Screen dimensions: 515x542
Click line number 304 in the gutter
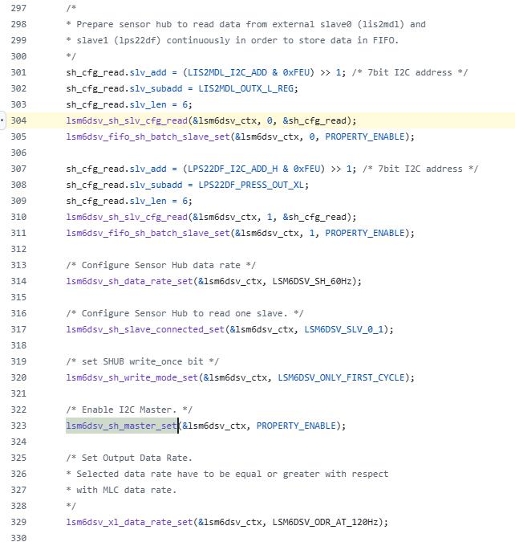point(18,120)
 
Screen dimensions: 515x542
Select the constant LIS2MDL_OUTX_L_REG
point(246,88)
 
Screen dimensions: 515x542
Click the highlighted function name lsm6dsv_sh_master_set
point(122,426)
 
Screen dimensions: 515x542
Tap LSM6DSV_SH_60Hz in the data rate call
point(312,281)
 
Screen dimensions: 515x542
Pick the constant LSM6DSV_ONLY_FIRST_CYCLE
point(341,377)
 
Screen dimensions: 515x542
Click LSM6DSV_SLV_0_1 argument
point(343,329)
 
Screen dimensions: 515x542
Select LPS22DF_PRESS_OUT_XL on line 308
point(251,185)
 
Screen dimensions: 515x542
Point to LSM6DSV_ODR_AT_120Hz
point(325,522)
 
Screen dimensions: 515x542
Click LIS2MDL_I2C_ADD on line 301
point(227,72)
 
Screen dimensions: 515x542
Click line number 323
point(18,426)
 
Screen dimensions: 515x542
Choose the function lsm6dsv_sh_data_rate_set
point(129,281)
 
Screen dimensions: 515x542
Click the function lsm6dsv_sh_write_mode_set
point(132,377)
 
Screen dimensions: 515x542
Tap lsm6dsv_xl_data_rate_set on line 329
point(129,522)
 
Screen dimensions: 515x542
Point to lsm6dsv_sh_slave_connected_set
point(145,329)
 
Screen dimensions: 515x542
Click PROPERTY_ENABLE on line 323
point(296,426)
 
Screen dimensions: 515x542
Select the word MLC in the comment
point(111,490)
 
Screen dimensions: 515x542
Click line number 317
point(18,329)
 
